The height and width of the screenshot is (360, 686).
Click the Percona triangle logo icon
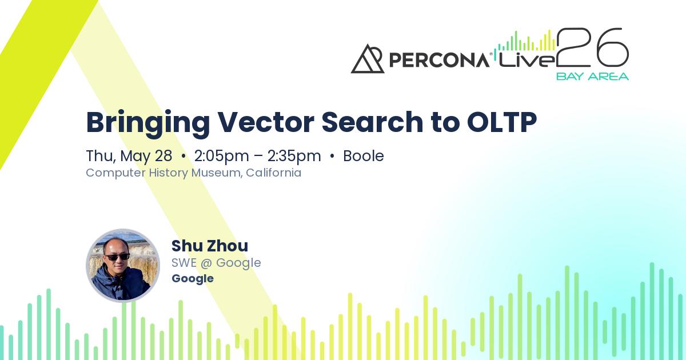click(368, 59)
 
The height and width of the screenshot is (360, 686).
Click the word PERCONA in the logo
click(438, 59)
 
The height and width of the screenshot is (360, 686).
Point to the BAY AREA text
click(592, 77)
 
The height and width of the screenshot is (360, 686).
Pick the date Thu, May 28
click(129, 156)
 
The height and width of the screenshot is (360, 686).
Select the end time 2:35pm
click(294, 156)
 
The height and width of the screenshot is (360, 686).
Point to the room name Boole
click(364, 156)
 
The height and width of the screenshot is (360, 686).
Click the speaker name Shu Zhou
click(210, 246)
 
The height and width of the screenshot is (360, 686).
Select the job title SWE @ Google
click(216, 263)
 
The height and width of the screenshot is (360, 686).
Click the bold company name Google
click(193, 278)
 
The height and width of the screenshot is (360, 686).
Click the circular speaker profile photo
click(123, 265)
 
